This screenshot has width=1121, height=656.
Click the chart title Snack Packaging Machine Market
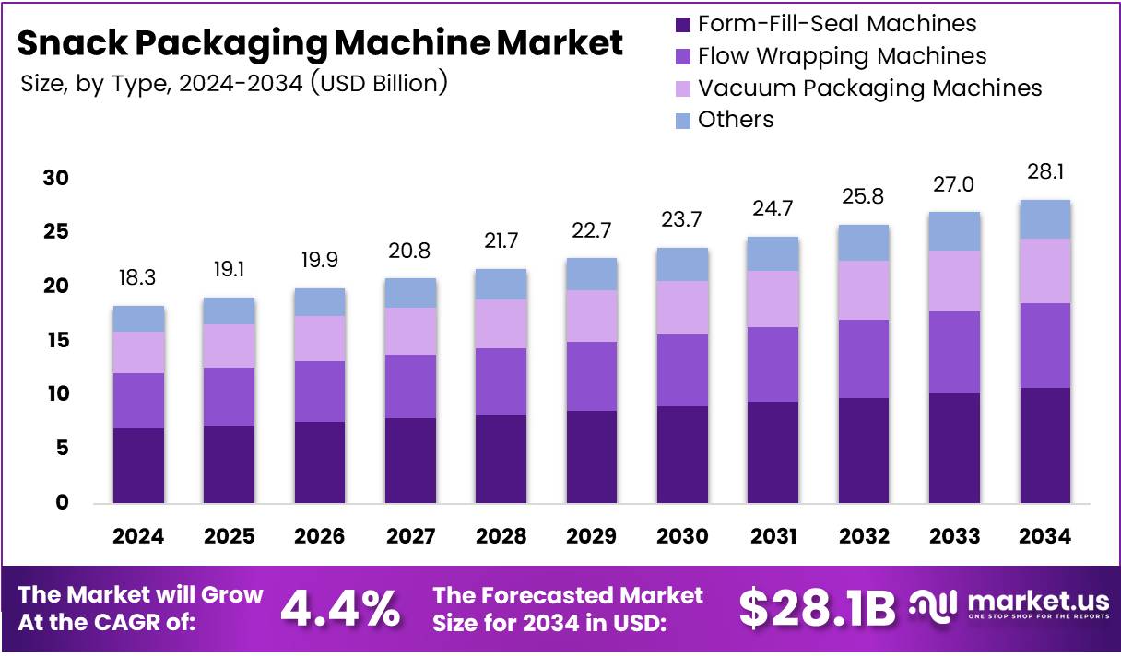[x=320, y=43]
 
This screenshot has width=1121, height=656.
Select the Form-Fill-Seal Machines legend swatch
[x=683, y=25]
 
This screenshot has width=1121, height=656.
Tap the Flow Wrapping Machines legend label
[x=842, y=56]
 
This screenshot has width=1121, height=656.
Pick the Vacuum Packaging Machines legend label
[x=869, y=88]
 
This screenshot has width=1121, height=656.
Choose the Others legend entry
[x=735, y=120]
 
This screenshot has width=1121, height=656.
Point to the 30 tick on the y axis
[x=56, y=178]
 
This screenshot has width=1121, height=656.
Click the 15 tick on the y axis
[x=56, y=341]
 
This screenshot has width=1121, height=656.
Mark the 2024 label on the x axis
[x=139, y=536]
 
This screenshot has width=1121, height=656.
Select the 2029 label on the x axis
[x=592, y=536]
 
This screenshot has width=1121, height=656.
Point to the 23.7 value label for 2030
[x=682, y=221]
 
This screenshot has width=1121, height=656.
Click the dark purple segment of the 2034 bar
[x=1045, y=445]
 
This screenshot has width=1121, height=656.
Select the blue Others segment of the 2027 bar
[x=411, y=293]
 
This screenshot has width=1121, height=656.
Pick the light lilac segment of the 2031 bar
[x=773, y=299]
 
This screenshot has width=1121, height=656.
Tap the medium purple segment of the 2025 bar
[x=230, y=396]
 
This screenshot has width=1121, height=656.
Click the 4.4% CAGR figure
[x=340, y=607]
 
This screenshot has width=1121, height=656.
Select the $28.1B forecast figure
[x=817, y=607]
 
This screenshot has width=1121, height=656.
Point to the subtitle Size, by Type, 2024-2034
[x=234, y=83]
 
